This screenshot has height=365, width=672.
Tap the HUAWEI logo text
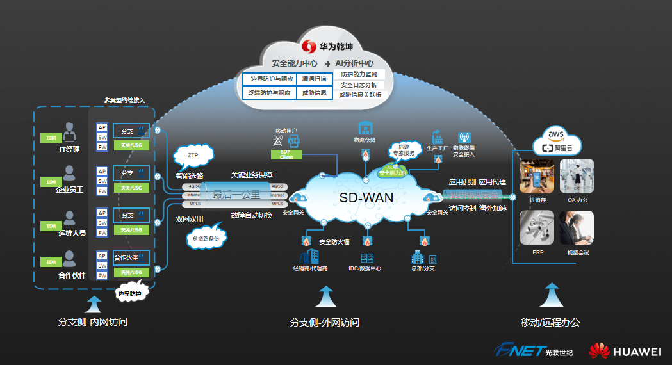tap(637, 352)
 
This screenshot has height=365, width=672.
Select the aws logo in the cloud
tap(555, 134)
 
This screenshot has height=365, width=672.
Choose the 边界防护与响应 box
tap(269, 79)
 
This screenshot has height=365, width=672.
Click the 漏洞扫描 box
tap(315, 79)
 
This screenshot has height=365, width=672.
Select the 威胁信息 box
tap(315, 93)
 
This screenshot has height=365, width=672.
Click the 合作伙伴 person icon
tap(69, 259)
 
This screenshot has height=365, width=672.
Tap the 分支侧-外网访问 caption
tap(324, 322)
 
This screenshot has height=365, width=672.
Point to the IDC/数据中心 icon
tap(367, 258)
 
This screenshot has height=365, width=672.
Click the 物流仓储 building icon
tap(365, 127)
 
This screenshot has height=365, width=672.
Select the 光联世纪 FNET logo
tap(533, 351)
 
